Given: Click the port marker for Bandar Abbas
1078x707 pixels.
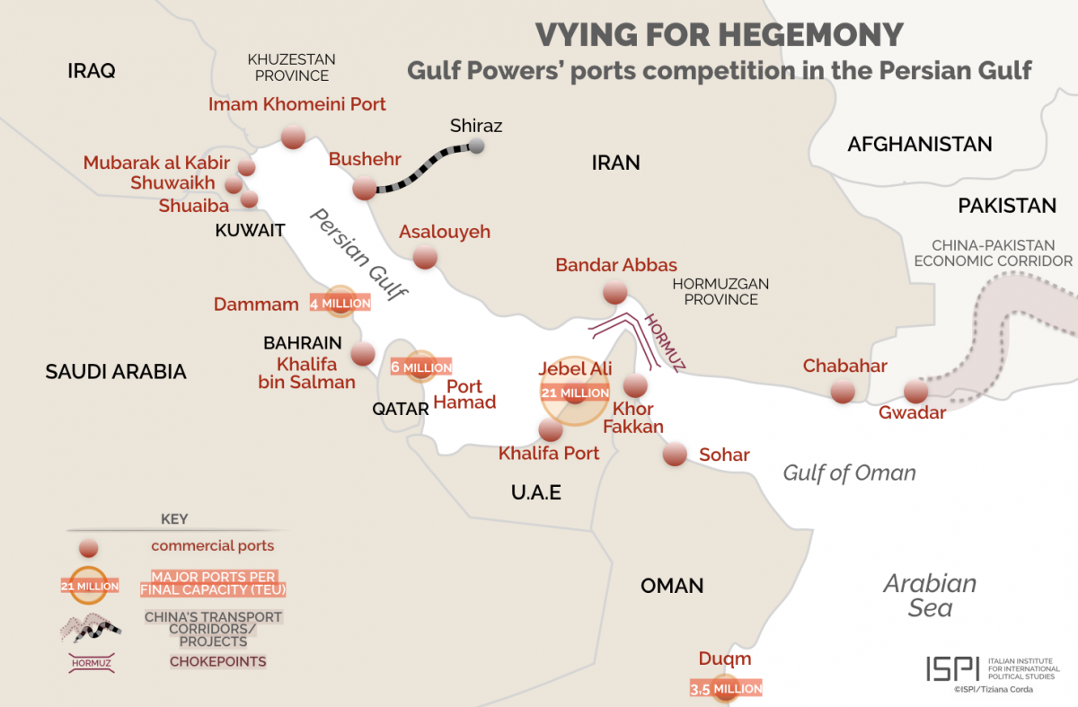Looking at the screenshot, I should pos(614,292).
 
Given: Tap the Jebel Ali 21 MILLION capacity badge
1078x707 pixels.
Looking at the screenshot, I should pos(575,393).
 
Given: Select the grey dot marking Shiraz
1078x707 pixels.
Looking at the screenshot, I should pos(477,146).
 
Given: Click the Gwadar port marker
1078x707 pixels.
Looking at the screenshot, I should pos(915,392).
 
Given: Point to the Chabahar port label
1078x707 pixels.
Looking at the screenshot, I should pos(844,366).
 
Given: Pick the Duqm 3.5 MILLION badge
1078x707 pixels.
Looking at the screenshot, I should pos(725,689).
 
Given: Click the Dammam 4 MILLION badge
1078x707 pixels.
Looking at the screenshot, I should pos(340,304).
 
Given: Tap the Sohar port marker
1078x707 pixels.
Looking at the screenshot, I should pos(674,455).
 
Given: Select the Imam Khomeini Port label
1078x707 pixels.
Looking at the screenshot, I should pos(297,104).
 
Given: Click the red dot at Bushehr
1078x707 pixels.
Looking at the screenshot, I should pos(364,189).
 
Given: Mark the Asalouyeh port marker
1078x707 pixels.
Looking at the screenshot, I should pos(425,258).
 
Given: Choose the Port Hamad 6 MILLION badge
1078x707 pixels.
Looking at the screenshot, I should pos(421,367).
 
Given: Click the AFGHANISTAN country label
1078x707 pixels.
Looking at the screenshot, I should pos(919,144).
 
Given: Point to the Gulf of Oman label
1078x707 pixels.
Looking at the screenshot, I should pos(849,473).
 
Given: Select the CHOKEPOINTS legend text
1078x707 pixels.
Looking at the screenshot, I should pos(218,662).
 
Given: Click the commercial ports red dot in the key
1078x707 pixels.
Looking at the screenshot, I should pos(88,547).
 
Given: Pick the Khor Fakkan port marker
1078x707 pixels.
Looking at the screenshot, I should pos(635,386).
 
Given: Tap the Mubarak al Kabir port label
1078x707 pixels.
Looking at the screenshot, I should pos(156,163).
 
